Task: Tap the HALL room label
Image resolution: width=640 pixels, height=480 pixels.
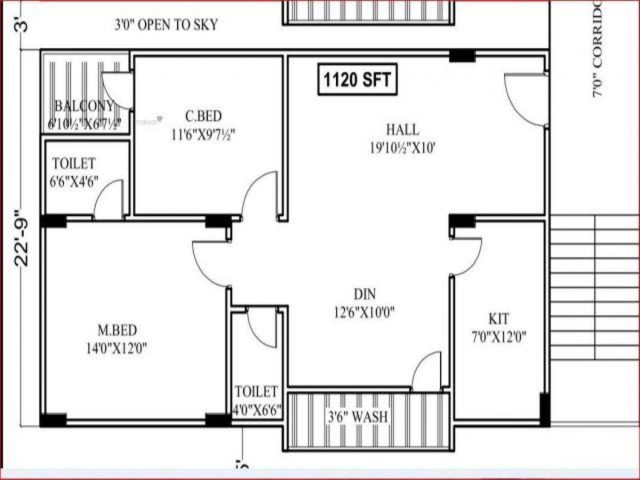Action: (402, 130)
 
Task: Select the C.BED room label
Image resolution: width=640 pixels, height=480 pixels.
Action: (203, 116)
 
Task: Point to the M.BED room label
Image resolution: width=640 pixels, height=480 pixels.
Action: (116, 330)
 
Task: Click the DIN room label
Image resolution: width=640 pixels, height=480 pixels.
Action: (365, 294)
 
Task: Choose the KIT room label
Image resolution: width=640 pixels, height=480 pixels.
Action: (499, 319)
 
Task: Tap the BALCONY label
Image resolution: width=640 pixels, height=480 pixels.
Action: (84, 105)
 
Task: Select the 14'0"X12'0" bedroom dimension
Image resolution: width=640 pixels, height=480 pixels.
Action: (116, 349)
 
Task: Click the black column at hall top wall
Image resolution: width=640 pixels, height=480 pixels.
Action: (462, 55)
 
